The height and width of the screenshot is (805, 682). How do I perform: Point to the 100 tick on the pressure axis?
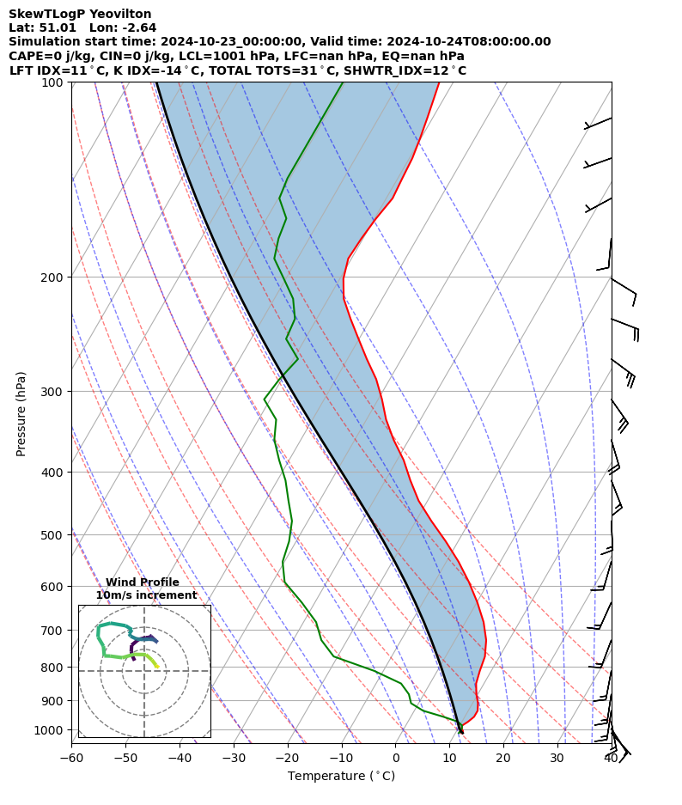[56, 82]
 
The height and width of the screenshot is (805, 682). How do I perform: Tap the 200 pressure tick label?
[56, 277]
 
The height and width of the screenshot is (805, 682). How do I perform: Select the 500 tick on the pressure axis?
[56, 535]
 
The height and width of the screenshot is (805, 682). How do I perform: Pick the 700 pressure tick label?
[56, 631]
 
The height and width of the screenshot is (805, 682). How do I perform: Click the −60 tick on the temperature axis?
[71, 758]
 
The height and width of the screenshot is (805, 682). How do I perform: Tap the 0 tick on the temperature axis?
[395, 758]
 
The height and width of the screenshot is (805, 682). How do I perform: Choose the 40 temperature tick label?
[611, 758]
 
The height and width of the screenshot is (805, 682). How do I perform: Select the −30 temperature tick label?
[234, 758]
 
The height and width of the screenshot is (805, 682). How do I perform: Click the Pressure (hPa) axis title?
[21, 413]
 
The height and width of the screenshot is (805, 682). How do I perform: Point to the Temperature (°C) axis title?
[341, 777]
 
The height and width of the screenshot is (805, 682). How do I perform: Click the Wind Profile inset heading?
[143, 582]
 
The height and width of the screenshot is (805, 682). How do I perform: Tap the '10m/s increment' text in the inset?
[146, 595]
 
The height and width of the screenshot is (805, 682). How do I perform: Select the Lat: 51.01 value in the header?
[42, 27]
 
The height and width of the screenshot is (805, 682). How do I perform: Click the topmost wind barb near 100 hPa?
[599, 123]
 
